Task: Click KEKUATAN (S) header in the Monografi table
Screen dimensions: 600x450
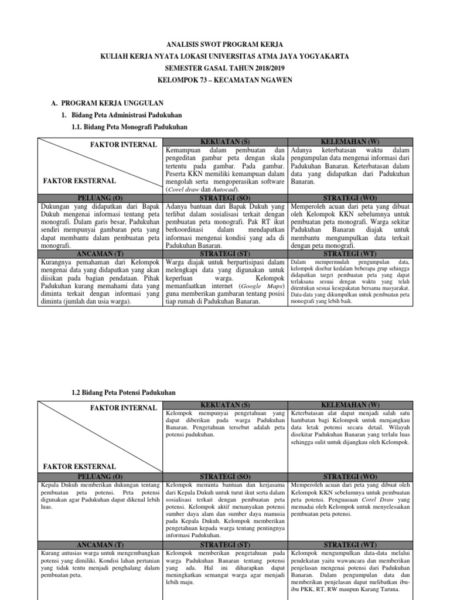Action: pyautogui.click(x=226, y=142)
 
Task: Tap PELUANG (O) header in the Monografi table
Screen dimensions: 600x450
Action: pyautogui.click(x=100, y=199)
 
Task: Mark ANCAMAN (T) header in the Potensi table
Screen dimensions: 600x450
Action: pyautogui.click(x=100, y=544)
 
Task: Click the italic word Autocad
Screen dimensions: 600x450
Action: pyautogui.click(x=224, y=190)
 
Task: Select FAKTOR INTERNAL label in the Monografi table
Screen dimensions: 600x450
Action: pyautogui.click(x=124, y=145)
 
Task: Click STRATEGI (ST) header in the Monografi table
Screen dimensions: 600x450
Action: pyautogui.click(x=226, y=254)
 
